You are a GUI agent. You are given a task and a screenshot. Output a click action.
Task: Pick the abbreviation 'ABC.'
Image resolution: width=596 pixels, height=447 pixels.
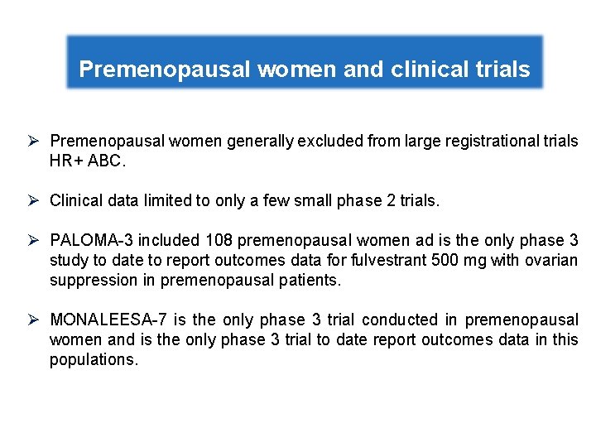(x=107, y=161)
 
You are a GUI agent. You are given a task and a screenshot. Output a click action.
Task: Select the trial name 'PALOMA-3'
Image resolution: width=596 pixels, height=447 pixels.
(x=91, y=241)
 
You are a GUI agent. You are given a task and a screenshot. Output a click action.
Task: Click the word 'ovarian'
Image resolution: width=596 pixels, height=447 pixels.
(x=552, y=261)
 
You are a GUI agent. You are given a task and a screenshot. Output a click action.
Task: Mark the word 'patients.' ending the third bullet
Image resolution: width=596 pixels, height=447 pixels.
(x=312, y=281)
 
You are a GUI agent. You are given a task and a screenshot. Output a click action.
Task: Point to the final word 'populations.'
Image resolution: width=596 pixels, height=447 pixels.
(x=93, y=360)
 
